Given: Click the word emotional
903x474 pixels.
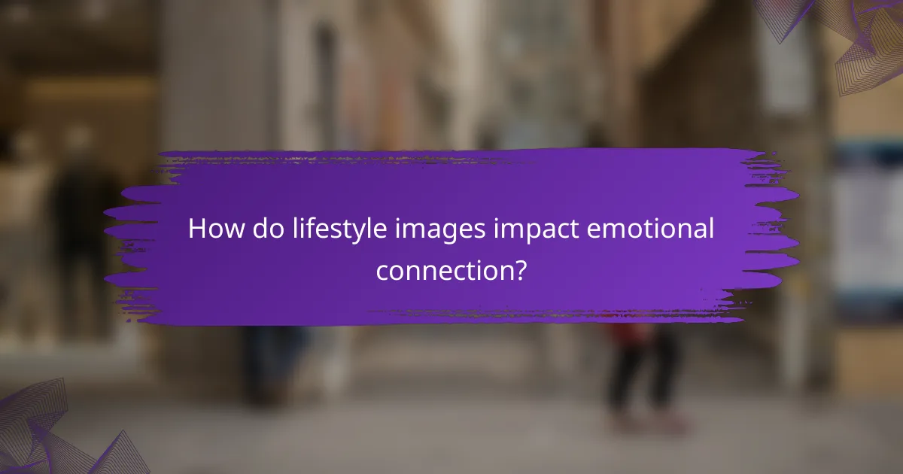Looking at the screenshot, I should tap(650, 229).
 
